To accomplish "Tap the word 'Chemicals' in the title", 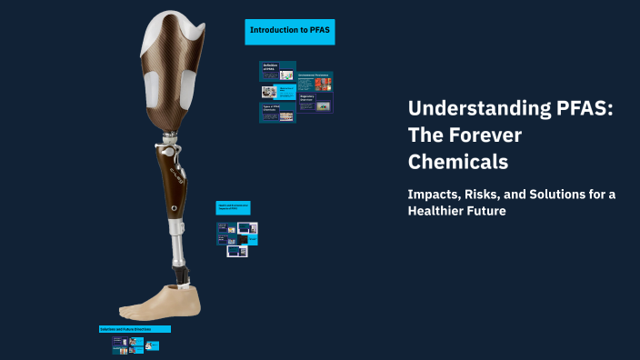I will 457,163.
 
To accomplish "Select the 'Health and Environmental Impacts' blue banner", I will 233,207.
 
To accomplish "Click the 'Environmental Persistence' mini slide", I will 315,82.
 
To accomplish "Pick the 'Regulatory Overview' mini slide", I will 315,103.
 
